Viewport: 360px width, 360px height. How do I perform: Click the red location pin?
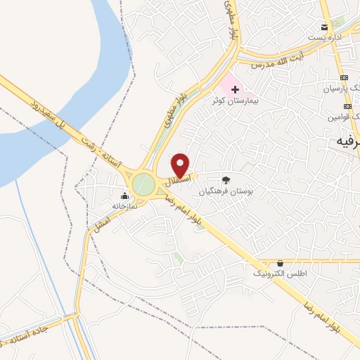tap(181, 165)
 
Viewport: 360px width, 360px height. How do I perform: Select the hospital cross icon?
tap(235, 89)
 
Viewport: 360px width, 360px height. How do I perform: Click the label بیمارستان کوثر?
tap(236, 101)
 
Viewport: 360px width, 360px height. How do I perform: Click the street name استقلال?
tap(174, 181)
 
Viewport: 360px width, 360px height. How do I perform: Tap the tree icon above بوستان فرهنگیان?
tap(226, 179)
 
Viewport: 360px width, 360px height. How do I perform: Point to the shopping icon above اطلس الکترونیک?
tap(281, 263)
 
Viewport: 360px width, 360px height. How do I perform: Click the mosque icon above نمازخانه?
tap(125, 195)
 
